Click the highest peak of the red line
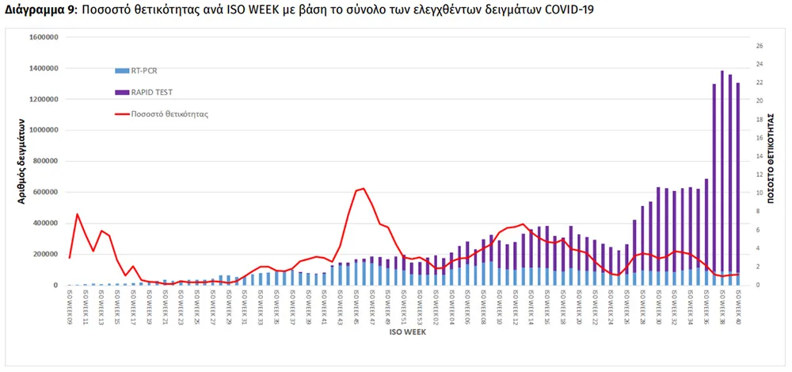click(x=364, y=188)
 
